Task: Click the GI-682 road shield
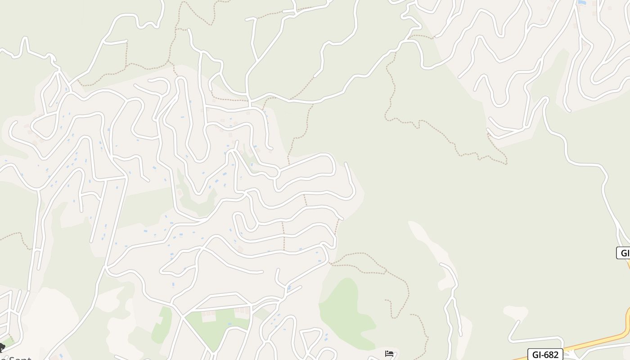tap(545, 354)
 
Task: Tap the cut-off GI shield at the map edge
tap(624, 253)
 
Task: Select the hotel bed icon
tap(389, 354)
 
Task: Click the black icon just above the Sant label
tap(2, 347)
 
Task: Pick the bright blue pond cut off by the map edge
tap(582, 2)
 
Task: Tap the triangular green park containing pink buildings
tap(216, 328)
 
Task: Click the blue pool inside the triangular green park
tap(230, 324)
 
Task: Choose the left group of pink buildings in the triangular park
tap(207, 313)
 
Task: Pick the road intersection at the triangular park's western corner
tap(184, 315)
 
